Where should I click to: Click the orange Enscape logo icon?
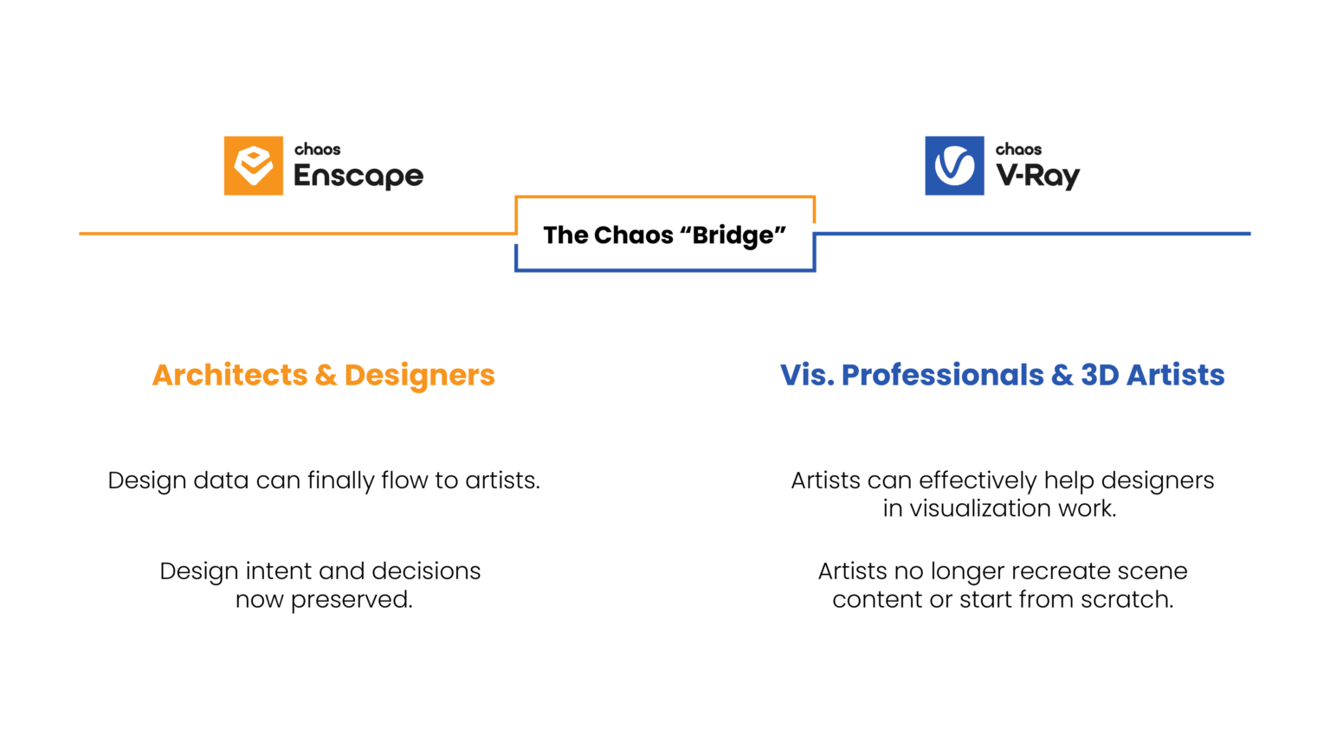253,165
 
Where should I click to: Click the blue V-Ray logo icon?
954,165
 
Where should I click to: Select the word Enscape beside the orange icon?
358,177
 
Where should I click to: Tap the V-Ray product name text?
1038,177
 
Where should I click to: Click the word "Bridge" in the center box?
733,235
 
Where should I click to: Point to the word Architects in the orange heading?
229,375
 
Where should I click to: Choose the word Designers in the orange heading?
420,375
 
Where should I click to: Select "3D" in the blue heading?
1100,375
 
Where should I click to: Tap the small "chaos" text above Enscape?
317,150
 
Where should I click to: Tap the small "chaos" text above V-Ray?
1018,150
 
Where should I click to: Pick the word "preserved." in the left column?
352,600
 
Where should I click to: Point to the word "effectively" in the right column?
978,480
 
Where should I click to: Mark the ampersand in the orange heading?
326,375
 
